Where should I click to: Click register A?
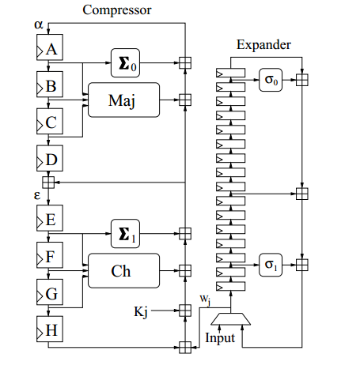click(50, 47)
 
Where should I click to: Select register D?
click(50, 158)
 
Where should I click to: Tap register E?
click(50, 218)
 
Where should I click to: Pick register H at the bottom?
click(50, 329)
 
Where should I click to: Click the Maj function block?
click(123, 100)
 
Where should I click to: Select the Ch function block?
click(123, 270)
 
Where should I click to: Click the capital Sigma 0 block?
click(125, 62)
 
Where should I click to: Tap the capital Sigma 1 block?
click(125, 233)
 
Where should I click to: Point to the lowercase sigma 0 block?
click(271, 80)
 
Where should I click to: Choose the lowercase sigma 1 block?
click(271, 265)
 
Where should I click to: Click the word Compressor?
click(117, 10)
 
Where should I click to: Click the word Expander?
click(263, 45)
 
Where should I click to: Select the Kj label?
click(141, 312)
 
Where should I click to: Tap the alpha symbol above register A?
click(39, 24)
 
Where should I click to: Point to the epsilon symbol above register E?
click(37, 196)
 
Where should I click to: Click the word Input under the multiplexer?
click(220, 338)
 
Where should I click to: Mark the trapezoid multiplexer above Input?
click(231, 319)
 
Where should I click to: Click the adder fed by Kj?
click(185, 311)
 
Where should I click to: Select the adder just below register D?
click(48, 183)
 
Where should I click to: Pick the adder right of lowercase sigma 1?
click(302, 265)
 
